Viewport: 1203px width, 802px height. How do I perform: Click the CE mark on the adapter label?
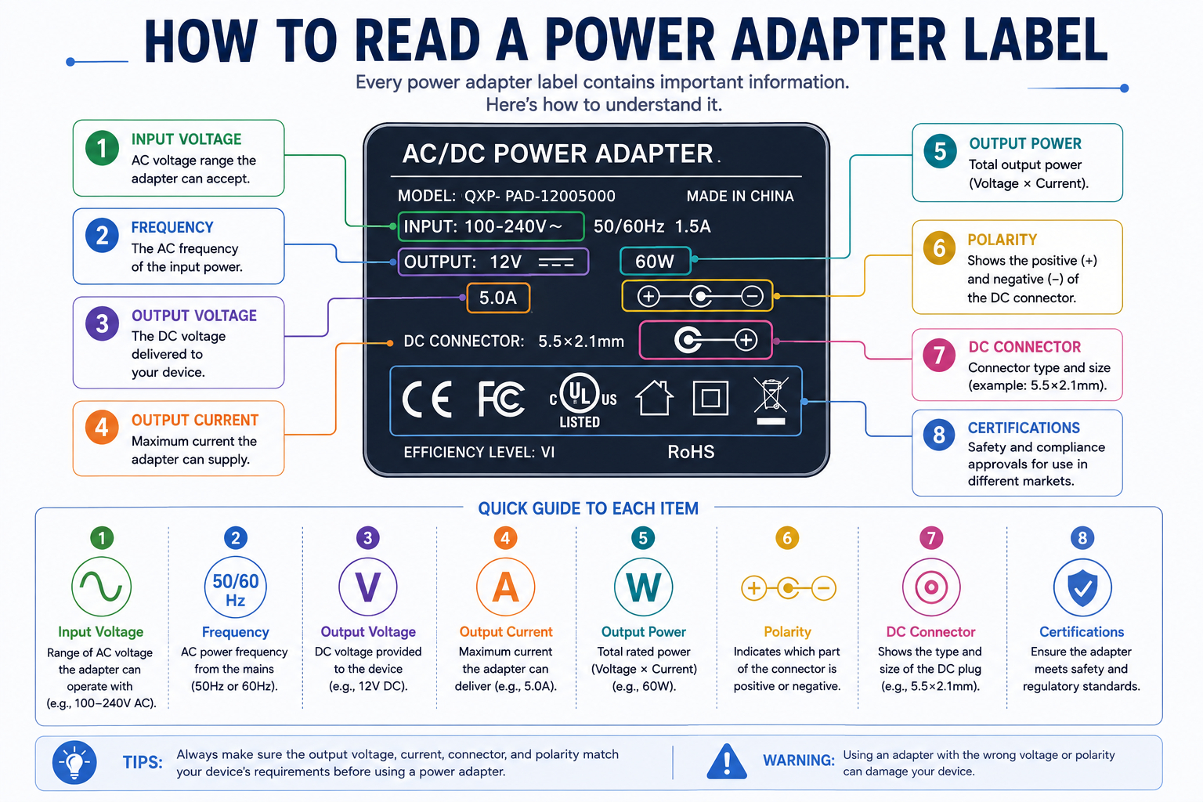click(x=427, y=399)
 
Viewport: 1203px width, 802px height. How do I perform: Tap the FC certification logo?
click(x=501, y=399)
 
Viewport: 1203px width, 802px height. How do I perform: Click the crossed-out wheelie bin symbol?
click(x=771, y=401)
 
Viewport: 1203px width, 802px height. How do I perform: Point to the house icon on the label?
click(x=654, y=398)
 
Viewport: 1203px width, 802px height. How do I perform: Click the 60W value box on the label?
click(x=656, y=262)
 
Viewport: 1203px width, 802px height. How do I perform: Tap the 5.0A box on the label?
click(x=498, y=298)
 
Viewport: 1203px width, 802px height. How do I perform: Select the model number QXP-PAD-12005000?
click(x=540, y=196)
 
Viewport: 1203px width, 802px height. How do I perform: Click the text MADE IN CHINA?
click(x=740, y=196)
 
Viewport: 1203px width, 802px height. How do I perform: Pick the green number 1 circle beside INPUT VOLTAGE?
click(x=102, y=148)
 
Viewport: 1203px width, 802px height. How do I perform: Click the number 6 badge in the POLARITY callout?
click(x=939, y=248)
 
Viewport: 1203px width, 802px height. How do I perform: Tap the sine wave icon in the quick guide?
click(x=102, y=586)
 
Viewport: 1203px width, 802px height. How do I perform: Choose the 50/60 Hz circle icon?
click(x=235, y=587)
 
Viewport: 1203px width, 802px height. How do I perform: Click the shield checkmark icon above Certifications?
click(x=1082, y=587)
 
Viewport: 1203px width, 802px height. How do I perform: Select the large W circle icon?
click(x=643, y=587)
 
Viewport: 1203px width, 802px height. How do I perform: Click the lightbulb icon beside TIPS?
click(x=74, y=762)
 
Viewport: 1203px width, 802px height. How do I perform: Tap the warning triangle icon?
click(x=727, y=762)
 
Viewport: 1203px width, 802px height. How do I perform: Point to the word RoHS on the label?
click(x=692, y=452)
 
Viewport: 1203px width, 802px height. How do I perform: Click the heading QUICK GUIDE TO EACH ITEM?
click(x=588, y=508)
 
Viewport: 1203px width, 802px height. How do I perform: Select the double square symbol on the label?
click(x=710, y=398)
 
